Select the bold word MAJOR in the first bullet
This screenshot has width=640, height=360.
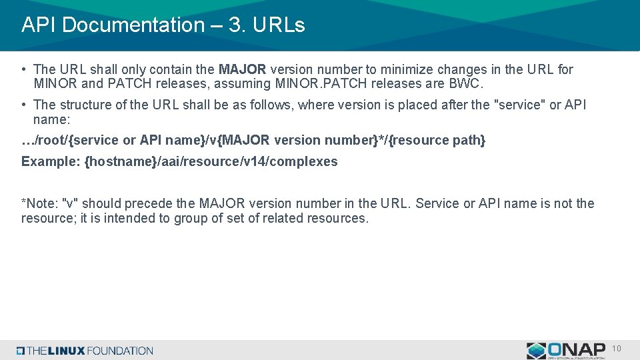coord(243,69)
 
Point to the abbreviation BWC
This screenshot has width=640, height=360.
coord(468,84)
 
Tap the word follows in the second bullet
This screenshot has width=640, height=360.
coord(274,105)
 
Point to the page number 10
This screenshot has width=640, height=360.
coord(617,349)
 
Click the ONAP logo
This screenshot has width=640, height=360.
coord(566,350)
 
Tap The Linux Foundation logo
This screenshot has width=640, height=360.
coord(85,351)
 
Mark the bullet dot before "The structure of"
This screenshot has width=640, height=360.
coord(24,105)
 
